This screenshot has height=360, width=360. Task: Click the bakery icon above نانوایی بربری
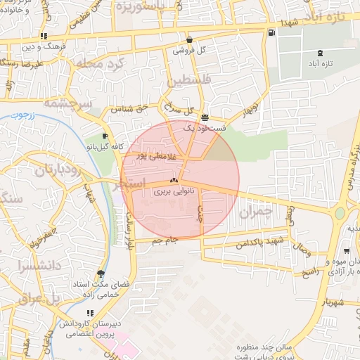(x=174, y=180)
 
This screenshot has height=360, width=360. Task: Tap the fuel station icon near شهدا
(x=271, y=32)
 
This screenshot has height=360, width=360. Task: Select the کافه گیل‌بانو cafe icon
(x=105, y=136)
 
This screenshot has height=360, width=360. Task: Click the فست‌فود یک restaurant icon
(x=205, y=117)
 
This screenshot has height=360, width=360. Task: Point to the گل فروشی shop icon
(x=189, y=39)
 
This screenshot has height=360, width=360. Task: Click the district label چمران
(x=255, y=210)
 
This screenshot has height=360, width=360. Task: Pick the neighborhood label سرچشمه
(x=68, y=103)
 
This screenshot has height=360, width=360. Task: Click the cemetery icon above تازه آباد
(x=321, y=53)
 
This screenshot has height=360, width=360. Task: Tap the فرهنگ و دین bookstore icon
(x=44, y=36)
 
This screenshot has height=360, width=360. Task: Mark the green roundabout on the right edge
(x=340, y=212)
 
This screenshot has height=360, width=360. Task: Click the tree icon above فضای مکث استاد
(x=101, y=274)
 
